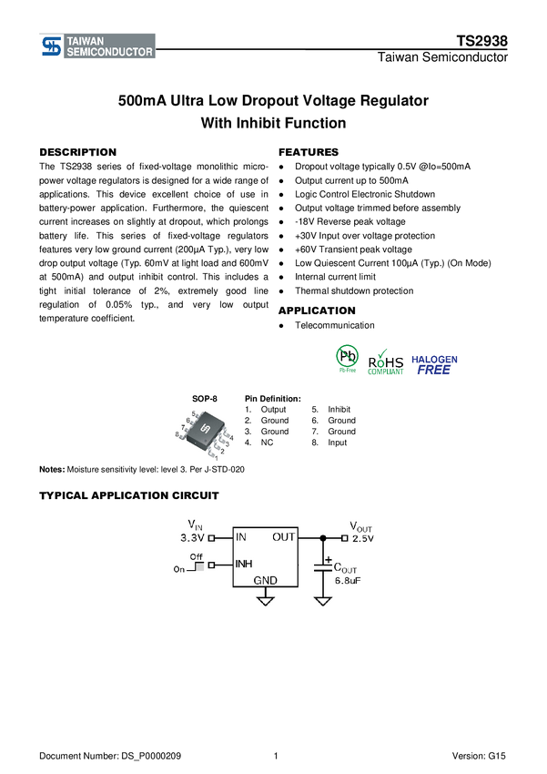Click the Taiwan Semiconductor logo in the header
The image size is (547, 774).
97,46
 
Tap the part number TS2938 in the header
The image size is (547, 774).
481,41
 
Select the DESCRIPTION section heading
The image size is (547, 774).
78,152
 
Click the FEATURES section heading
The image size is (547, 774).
309,152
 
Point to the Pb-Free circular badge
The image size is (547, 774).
348,357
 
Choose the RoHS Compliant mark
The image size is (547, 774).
386,362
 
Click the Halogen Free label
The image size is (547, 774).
434,365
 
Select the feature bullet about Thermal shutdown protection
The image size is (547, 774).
354,290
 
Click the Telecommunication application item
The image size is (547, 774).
334,325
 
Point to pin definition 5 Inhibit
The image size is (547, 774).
331,409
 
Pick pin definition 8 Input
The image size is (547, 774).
329,443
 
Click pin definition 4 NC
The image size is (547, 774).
259,443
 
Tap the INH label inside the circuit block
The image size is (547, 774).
244,564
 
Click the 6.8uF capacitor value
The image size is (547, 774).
348,581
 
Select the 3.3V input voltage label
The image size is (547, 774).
192,537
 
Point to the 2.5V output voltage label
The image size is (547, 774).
363,538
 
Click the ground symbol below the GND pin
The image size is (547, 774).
266,601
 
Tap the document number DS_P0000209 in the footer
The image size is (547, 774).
110,756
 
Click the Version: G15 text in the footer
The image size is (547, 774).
479,756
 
